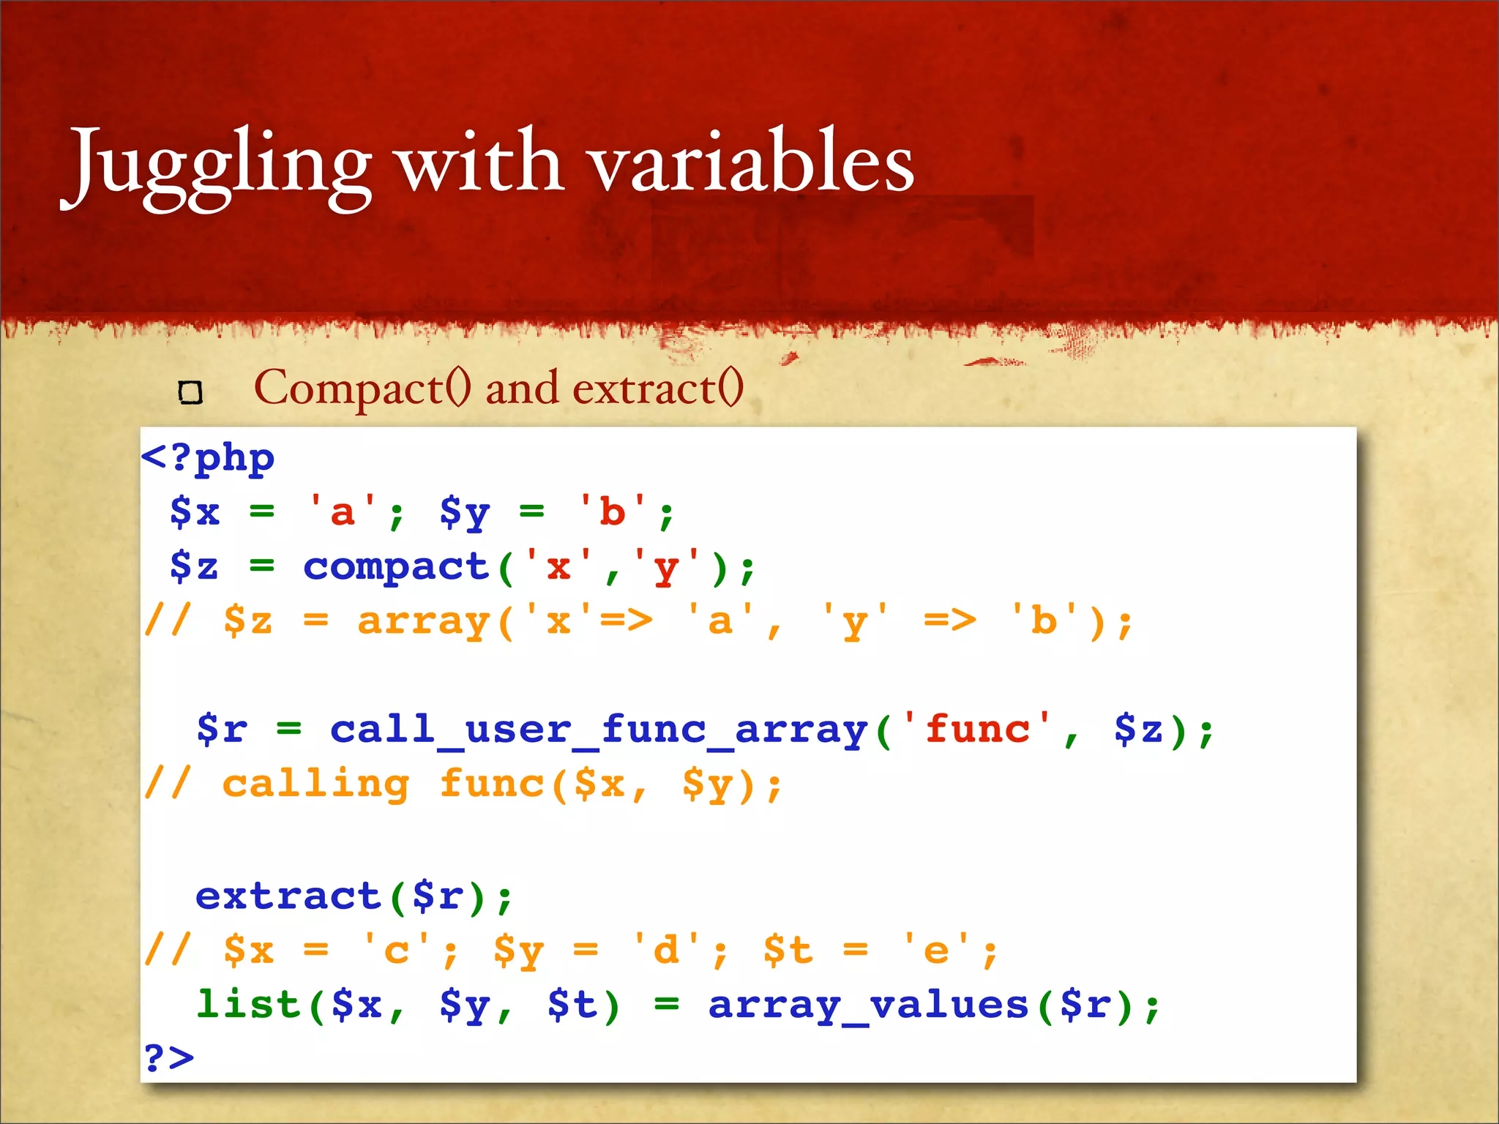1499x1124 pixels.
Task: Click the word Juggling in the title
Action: point(220,165)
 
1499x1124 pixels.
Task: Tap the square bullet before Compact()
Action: point(190,393)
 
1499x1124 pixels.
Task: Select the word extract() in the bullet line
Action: point(657,388)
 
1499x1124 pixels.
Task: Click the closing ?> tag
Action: point(169,1058)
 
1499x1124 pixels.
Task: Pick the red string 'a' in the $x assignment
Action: point(343,512)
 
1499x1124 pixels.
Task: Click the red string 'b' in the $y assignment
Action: point(612,512)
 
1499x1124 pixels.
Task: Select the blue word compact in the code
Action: point(396,567)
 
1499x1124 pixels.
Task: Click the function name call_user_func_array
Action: point(598,730)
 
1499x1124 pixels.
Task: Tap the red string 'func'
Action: point(977,730)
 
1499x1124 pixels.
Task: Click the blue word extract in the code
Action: point(288,896)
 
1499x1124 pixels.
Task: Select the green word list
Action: point(249,1005)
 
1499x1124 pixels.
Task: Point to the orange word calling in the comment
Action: point(315,785)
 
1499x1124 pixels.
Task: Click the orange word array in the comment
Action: point(423,622)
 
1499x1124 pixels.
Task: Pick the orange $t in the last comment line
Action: point(788,951)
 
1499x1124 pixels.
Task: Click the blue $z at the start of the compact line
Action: point(194,567)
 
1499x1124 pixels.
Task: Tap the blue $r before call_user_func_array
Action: point(222,730)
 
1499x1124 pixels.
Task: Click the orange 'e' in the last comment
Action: point(937,951)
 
